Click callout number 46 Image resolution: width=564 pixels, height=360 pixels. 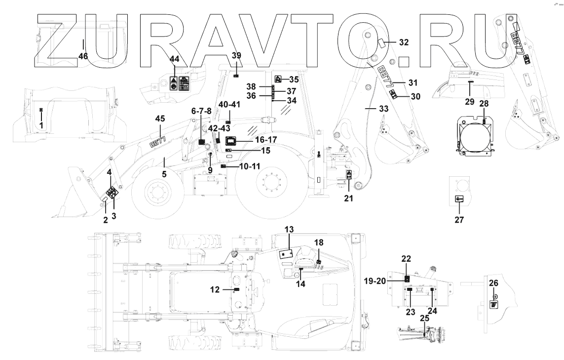(83, 56)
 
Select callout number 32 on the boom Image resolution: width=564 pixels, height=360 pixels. (403, 42)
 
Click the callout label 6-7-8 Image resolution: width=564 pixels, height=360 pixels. (201, 112)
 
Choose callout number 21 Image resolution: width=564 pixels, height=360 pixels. (349, 199)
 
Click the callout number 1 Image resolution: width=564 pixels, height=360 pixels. (41, 125)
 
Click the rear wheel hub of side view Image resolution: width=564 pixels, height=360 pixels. (269, 186)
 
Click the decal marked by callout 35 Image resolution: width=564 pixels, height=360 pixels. (278, 79)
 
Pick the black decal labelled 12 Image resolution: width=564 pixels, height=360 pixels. (236, 289)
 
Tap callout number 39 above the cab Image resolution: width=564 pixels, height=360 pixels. (237, 55)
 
